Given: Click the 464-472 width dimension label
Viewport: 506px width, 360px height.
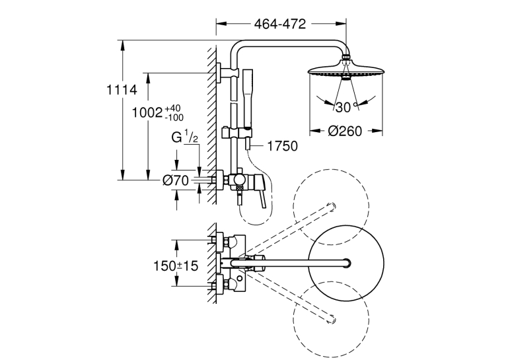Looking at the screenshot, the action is [x=280, y=24].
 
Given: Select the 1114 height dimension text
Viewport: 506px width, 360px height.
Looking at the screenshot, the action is [x=122, y=90].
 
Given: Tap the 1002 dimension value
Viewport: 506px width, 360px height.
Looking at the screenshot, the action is [x=147, y=113].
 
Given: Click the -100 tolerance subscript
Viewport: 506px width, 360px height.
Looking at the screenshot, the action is [x=174, y=118].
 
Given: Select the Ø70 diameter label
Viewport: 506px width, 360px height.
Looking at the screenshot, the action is [x=176, y=180].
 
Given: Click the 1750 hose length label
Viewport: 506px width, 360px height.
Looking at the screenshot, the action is [x=283, y=146].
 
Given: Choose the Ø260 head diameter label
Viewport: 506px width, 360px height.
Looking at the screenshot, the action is [x=345, y=131].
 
